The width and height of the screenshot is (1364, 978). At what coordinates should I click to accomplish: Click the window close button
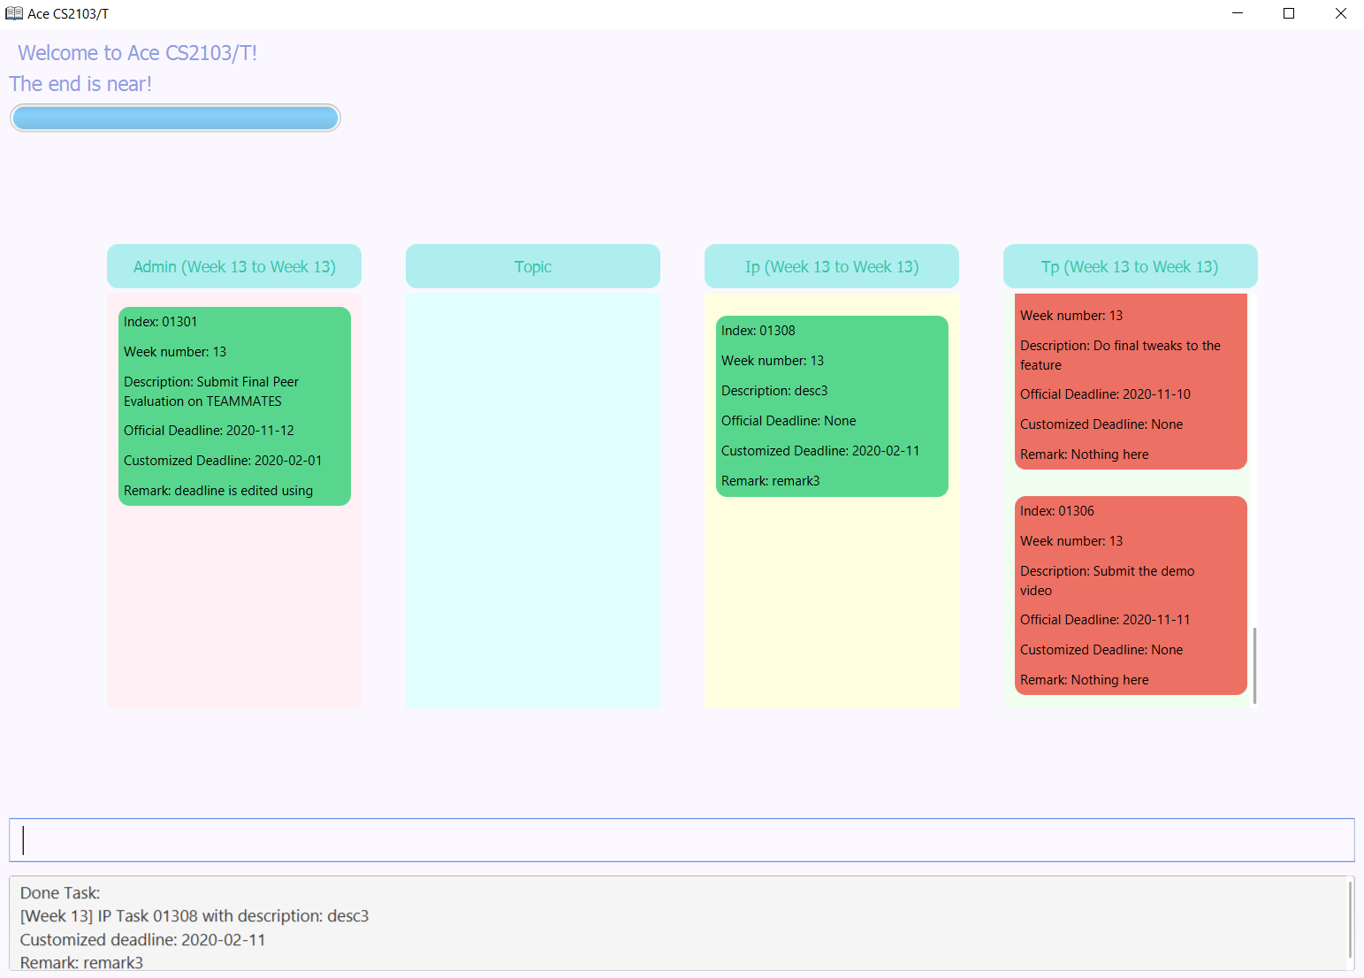click(x=1340, y=13)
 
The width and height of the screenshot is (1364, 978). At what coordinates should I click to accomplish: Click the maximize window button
click(x=1289, y=13)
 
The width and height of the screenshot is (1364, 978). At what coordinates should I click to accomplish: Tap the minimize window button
click(x=1238, y=13)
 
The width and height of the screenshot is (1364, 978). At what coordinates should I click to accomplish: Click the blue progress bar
click(x=175, y=118)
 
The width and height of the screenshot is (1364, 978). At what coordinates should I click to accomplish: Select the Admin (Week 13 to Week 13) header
click(x=234, y=267)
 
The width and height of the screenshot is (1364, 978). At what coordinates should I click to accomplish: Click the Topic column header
click(x=533, y=267)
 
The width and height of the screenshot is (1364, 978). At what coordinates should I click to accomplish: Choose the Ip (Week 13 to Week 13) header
click(x=832, y=267)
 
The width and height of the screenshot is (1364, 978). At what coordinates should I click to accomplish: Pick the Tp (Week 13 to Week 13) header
click(x=1130, y=267)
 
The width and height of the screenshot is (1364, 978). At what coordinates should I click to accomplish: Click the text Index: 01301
click(x=161, y=322)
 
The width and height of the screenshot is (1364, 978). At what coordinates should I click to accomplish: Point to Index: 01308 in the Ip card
click(x=758, y=331)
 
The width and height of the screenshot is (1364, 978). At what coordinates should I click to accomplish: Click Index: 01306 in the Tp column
click(x=1057, y=511)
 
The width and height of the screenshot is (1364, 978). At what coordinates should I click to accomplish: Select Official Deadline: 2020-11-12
click(x=209, y=431)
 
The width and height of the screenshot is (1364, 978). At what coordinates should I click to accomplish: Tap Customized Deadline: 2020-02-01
click(x=223, y=461)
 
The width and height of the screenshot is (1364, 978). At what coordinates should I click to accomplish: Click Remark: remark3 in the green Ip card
click(x=771, y=481)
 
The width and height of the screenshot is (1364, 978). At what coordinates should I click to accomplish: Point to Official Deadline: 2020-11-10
click(x=1105, y=394)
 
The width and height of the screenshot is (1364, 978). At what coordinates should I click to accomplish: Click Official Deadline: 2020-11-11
click(x=1105, y=620)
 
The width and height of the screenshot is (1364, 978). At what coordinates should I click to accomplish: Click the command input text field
click(x=682, y=840)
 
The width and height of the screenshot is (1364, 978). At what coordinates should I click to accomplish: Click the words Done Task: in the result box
click(x=60, y=893)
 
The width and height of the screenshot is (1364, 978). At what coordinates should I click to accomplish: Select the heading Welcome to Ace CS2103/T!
click(x=138, y=53)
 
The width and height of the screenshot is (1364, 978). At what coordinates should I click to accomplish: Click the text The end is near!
click(x=80, y=84)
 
